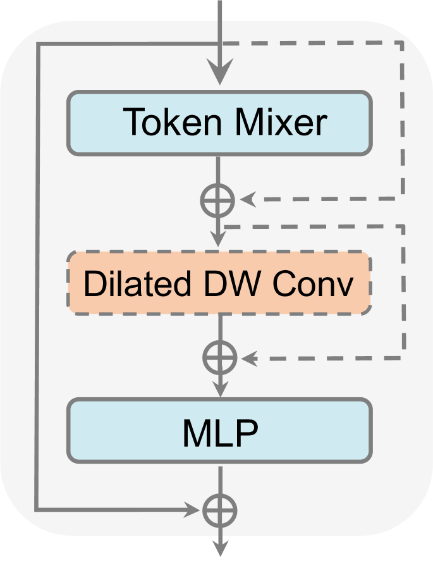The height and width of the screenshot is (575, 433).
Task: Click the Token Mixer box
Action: click(x=219, y=123)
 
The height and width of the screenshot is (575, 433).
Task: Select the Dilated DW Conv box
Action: click(x=219, y=283)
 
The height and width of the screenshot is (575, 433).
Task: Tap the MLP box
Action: click(x=219, y=430)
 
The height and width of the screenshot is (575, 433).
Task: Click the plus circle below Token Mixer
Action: click(x=218, y=201)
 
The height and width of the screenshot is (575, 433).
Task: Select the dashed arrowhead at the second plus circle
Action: click(x=249, y=359)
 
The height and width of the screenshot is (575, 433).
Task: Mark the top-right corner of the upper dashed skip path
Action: click(x=401, y=44)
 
